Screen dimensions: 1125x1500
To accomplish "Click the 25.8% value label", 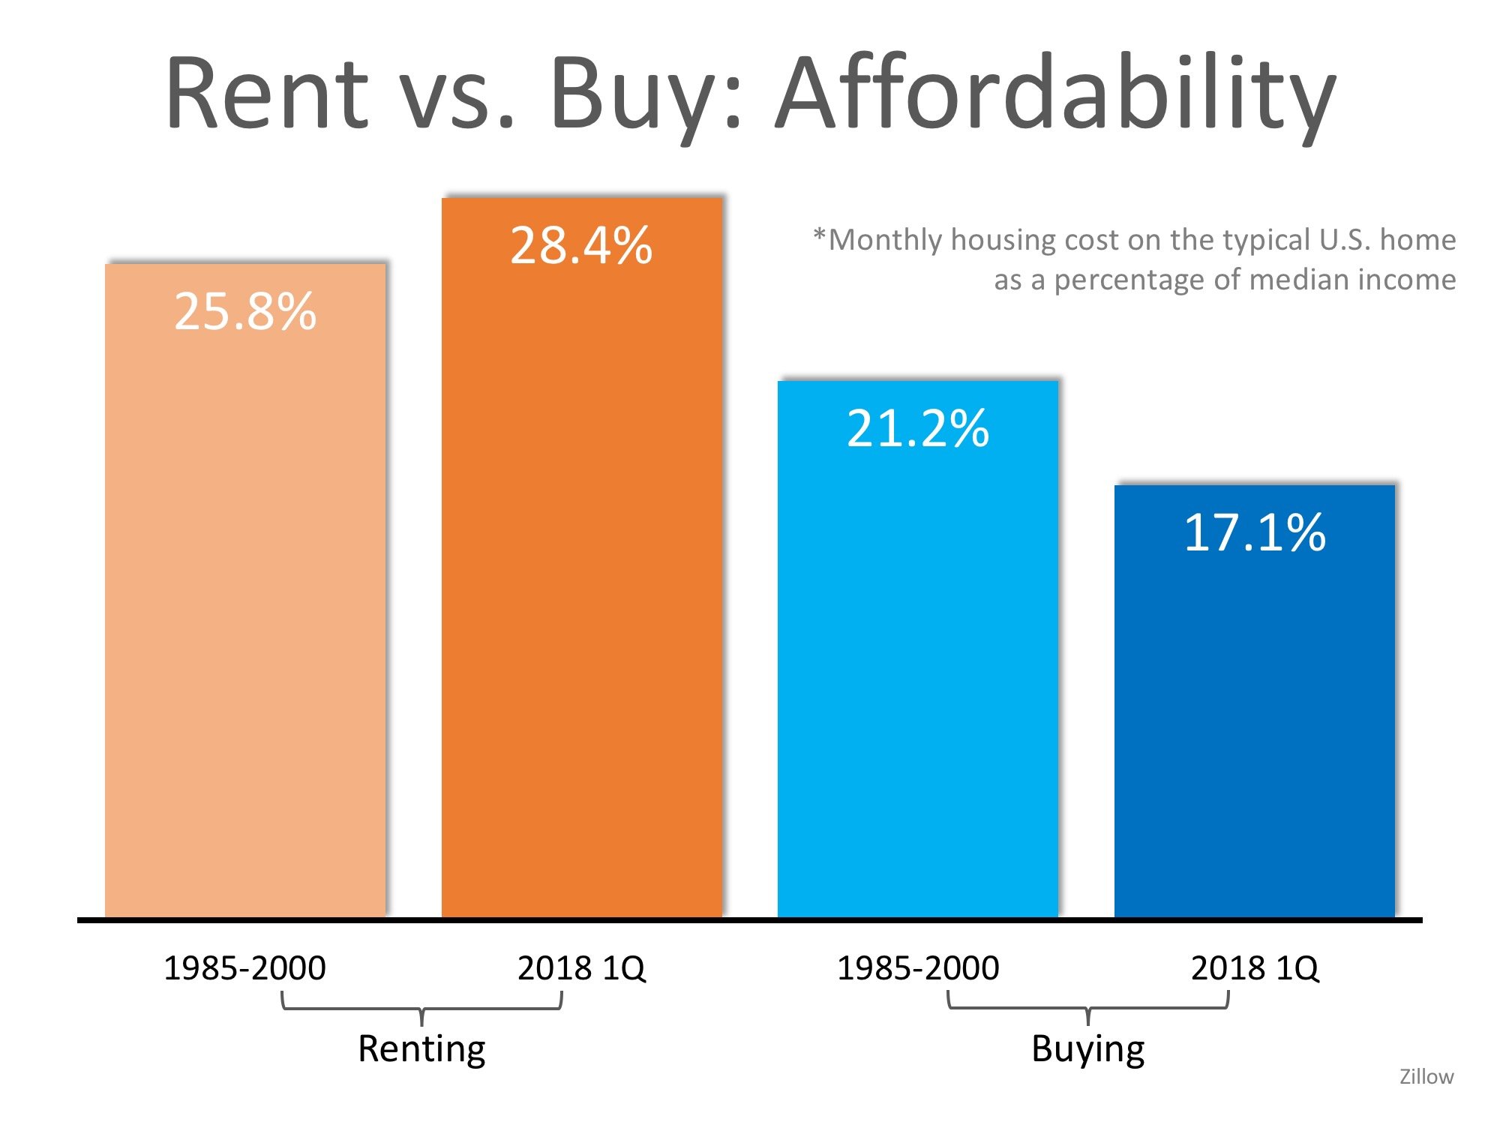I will click(245, 311).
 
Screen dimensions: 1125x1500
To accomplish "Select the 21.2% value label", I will click(918, 429).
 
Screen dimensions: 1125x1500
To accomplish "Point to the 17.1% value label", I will click(1255, 532).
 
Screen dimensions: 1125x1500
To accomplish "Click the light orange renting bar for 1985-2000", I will click(245, 600).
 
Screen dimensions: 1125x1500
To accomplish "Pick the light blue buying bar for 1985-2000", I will click(918, 675).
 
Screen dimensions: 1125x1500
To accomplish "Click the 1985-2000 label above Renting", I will click(244, 968).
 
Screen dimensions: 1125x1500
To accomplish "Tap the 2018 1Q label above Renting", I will click(581, 968).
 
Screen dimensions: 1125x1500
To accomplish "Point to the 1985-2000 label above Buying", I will click(918, 968).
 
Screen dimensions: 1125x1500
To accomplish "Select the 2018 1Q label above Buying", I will click(1255, 968).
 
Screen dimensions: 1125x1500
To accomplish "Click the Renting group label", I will click(421, 1048).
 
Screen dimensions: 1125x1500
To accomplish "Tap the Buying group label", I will click(1087, 1048).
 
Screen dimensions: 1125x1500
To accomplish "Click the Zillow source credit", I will click(1426, 1077).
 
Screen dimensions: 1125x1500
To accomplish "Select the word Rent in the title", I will click(267, 94).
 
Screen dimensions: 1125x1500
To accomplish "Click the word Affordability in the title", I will click(1056, 94).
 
